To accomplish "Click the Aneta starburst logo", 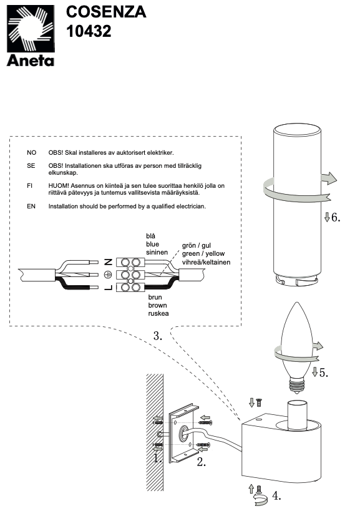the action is click(31, 29).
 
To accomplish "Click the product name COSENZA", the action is click(106, 12).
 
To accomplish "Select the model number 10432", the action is click(89, 31).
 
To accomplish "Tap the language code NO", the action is click(32, 152).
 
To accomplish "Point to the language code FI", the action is click(30, 186).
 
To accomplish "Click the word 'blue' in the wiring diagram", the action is click(152, 244).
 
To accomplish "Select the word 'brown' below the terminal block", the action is click(157, 305).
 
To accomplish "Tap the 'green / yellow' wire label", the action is click(203, 253).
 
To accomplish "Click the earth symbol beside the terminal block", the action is click(108, 275).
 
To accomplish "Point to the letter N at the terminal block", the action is click(108, 261).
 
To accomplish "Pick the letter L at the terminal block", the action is click(108, 287).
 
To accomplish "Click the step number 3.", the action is click(158, 336).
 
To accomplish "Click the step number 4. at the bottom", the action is click(276, 496).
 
